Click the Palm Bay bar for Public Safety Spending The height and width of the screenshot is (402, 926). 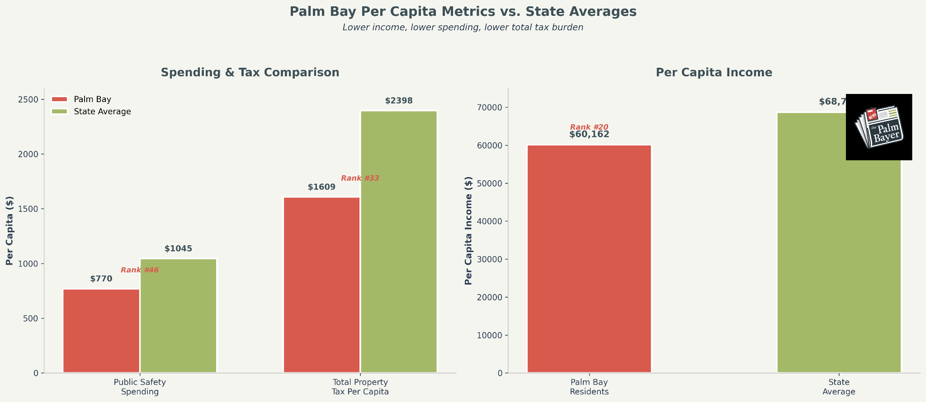[x=101, y=331]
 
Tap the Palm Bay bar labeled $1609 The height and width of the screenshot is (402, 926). [x=321, y=285]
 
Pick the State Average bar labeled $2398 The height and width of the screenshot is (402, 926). [x=398, y=242]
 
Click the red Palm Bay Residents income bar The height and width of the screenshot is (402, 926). [x=589, y=259]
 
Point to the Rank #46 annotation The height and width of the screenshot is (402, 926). [x=140, y=270]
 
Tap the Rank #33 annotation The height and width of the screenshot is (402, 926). [x=360, y=178]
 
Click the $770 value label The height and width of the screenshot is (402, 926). [x=101, y=279]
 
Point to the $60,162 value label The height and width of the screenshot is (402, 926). [x=589, y=134]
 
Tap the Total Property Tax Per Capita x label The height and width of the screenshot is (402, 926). [x=360, y=387]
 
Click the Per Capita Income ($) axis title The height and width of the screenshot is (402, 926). [x=468, y=230]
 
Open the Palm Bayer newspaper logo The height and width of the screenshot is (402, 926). [x=879, y=127]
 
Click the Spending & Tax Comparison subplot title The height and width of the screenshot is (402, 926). [x=250, y=72]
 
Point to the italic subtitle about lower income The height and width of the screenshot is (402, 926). [x=463, y=27]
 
